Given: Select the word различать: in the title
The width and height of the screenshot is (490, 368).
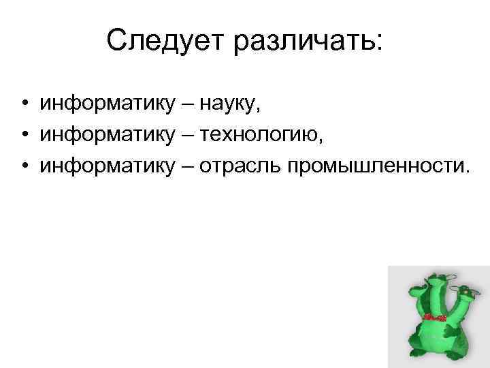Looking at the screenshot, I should pyautogui.click(x=310, y=42).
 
